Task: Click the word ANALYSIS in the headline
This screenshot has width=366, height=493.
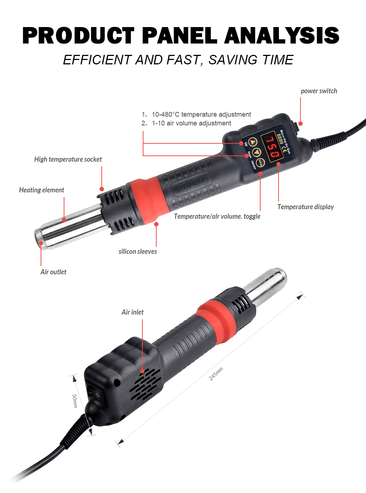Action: (x=282, y=35)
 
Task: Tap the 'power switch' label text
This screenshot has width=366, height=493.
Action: (x=319, y=91)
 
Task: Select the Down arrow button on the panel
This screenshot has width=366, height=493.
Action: (x=257, y=152)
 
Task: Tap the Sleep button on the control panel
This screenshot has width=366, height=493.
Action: (x=261, y=162)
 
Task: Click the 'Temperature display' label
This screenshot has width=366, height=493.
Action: (x=306, y=207)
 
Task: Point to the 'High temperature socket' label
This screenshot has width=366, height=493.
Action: (x=68, y=159)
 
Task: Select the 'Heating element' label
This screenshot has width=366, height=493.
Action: (x=41, y=190)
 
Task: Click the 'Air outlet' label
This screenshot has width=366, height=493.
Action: (x=53, y=272)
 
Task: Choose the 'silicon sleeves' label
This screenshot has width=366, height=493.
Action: (x=138, y=252)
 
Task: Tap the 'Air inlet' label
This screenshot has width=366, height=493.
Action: (x=132, y=312)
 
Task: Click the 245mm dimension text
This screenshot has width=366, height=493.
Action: (x=216, y=374)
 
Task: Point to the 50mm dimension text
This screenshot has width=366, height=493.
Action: (x=75, y=401)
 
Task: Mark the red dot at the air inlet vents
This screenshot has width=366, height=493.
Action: (x=142, y=371)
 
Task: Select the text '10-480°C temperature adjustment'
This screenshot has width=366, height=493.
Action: (x=201, y=114)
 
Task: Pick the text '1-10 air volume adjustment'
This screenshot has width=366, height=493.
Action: (x=191, y=123)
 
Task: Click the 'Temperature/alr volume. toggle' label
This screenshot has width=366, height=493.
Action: (x=217, y=217)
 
